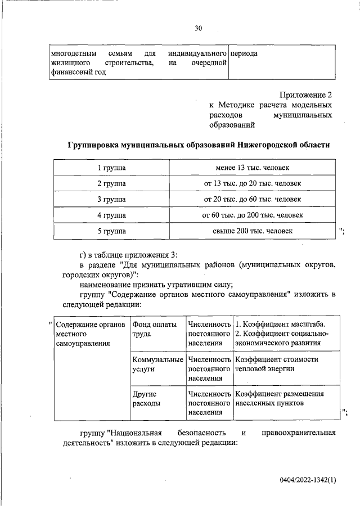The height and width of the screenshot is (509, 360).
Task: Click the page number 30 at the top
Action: [198, 28]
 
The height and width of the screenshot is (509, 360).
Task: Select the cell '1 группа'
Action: [111, 168]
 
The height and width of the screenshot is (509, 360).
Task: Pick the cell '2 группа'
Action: [111, 184]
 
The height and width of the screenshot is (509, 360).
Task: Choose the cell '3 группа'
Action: [111, 200]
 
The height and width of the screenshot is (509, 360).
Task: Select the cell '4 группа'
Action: [111, 215]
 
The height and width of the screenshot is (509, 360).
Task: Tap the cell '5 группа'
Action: [111, 231]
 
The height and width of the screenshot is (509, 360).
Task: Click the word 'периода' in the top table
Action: [244, 53]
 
